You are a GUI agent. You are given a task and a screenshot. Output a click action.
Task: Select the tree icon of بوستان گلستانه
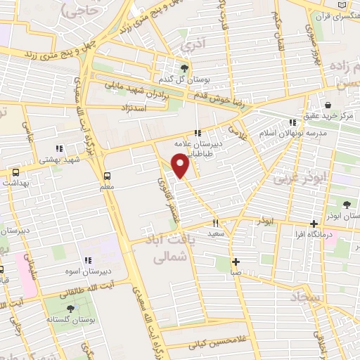[70, 308]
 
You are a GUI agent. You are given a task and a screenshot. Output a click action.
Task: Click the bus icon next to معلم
[107, 176]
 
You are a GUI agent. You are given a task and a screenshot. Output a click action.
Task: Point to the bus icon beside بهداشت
[15, 172]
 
